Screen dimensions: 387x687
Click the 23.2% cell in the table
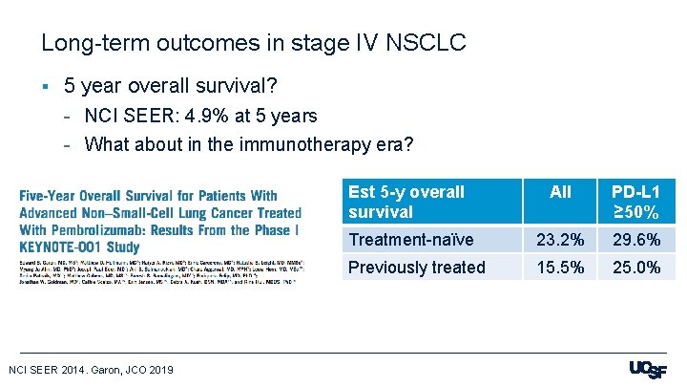pos(560,240)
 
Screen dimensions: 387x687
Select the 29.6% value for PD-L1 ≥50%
pos(635,240)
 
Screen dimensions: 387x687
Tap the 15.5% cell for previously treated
pos(560,268)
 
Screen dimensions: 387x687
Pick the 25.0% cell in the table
pos(635,268)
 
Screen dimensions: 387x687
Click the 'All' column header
pos(560,192)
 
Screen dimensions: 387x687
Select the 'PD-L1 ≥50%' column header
pos(635,202)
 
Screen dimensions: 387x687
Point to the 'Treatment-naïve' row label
pos(410,240)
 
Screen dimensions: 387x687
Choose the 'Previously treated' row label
pos(417,268)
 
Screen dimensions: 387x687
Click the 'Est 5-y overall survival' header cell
pos(406,202)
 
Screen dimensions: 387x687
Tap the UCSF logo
pos(648,370)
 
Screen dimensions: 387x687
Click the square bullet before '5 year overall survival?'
pos(45,87)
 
